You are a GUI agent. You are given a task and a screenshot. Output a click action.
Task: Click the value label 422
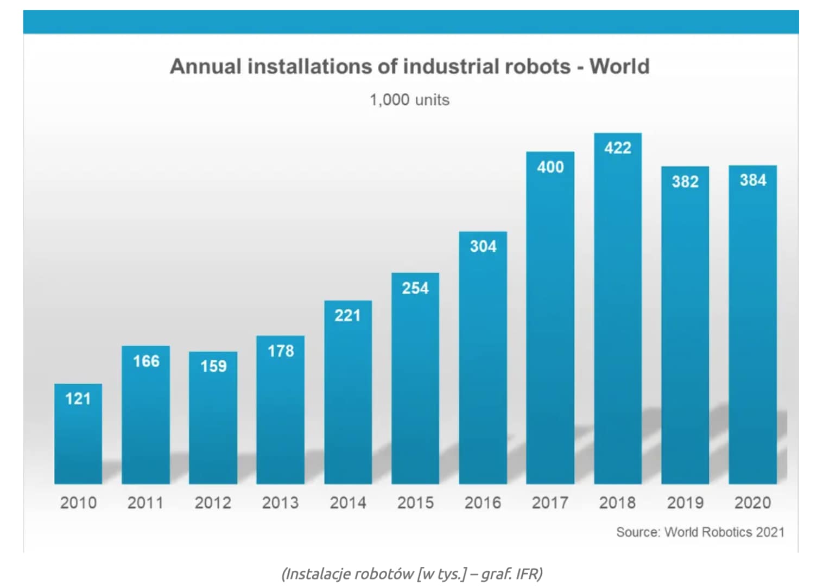pyautogui.click(x=618, y=148)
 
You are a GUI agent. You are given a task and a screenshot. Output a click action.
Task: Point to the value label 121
pyautogui.click(x=78, y=399)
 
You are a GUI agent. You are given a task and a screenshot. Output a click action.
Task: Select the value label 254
pyautogui.click(x=415, y=288)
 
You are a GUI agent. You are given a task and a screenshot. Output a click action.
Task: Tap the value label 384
pyautogui.click(x=753, y=180)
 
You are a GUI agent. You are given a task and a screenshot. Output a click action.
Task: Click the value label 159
pyautogui.click(x=213, y=366)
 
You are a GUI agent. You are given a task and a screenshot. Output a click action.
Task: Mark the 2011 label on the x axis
pyautogui.click(x=145, y=503)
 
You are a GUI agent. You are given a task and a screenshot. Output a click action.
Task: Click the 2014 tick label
pyautogui.click(x=348, y=503)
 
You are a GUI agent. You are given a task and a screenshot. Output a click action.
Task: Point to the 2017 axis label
pyautogui.click(x=550, y=503)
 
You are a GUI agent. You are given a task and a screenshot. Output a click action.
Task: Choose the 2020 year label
pyautogui.click(x=753, y=503)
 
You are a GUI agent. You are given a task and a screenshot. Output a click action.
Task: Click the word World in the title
pyautogui.click(x=619, y=66)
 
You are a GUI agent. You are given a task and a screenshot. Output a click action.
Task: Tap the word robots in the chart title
pyautogui.click(x=537, y=66)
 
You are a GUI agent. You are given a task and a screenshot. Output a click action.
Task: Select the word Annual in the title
pyautogui.click(x=206, y=66)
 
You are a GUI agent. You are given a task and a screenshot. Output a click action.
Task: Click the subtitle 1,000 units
pyautogui.click(x=409, y=100)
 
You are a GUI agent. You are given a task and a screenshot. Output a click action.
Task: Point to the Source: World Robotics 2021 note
pyautogui.click(x=700, y=532)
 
